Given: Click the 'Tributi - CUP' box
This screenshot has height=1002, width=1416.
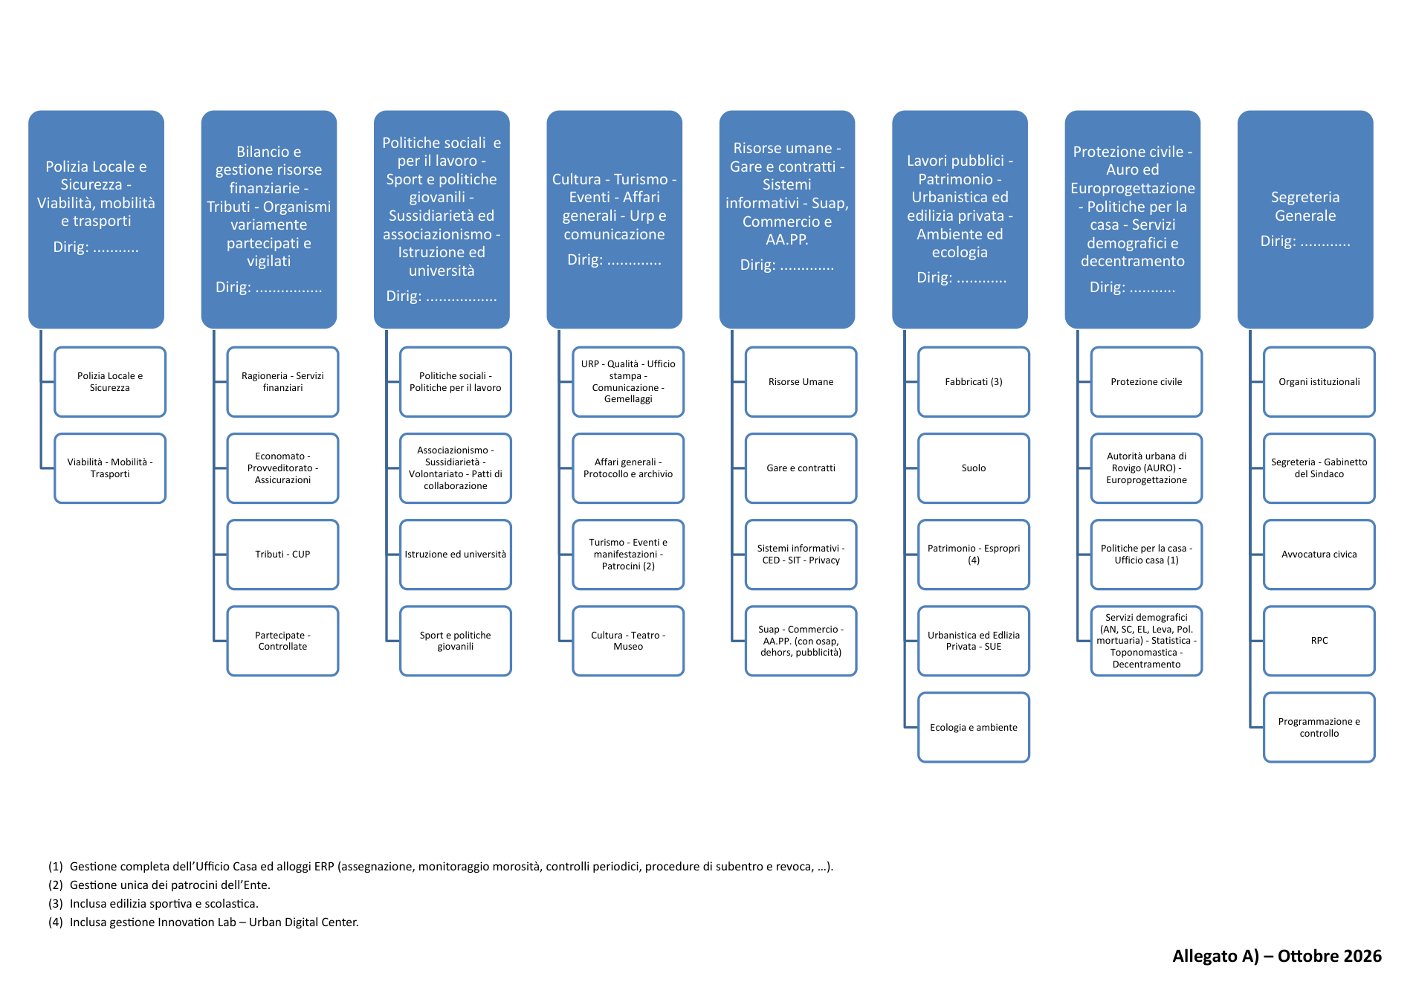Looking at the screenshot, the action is [282, 555].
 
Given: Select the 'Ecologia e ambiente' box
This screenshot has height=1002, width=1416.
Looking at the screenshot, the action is [974, 727].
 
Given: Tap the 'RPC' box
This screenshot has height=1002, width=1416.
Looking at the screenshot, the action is [1319, 641].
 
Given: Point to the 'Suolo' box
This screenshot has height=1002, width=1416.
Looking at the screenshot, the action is [974, 468].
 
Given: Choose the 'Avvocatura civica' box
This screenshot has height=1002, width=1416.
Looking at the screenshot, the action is [1319, 555].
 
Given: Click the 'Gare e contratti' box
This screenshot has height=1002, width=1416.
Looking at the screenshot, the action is [801, 468].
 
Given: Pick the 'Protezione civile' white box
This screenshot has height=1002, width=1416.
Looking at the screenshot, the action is [1146, 382].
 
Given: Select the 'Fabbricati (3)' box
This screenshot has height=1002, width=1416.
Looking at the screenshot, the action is [974, 382].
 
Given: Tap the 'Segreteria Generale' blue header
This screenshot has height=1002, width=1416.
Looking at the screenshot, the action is [1305, 219].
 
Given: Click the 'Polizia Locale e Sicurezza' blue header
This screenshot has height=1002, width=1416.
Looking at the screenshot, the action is [96, 219].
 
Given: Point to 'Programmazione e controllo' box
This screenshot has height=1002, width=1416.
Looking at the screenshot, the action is [1319, 727].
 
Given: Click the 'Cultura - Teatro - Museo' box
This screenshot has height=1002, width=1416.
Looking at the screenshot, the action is [628, 641].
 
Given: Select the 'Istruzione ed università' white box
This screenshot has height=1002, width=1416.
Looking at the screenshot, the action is [456, 555].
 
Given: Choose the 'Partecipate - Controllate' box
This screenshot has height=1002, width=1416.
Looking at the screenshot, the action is [282, 641].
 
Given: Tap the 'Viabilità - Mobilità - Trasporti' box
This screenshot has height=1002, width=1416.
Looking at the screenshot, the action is [110, 468].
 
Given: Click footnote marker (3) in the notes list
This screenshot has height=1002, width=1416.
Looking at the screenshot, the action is [56, 904].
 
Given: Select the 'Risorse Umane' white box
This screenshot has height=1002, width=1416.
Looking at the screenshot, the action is [801, 382].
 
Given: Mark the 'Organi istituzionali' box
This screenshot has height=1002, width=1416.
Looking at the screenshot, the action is [1319, 382].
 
